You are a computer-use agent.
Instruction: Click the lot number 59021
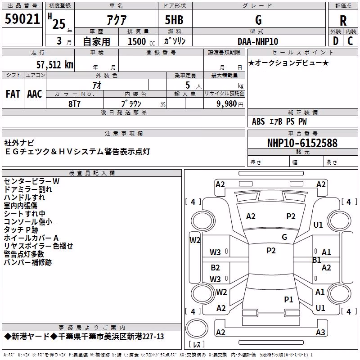point(22,19)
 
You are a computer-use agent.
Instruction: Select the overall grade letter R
point(343,21)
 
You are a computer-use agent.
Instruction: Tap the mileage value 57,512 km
point(55,65)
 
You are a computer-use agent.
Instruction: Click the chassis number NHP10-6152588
point(302,143)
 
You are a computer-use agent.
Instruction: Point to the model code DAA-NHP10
point(258,41)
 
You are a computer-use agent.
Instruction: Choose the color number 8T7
point(74,104)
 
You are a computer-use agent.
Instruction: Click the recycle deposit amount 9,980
point(227,103)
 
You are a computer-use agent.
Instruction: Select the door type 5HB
point(174,20)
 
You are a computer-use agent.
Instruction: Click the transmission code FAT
point(13,94)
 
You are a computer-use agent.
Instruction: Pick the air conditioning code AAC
point(35,94)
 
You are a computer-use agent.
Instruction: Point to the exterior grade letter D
point(336,41)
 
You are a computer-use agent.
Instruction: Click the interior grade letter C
point(350,41)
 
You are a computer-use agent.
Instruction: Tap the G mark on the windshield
point(284,237)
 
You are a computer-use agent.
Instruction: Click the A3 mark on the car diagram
point(320,332)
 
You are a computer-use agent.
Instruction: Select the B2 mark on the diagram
point(215,267)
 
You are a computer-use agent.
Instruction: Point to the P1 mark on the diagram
point(288,299)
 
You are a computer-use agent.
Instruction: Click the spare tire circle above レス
point(197,328)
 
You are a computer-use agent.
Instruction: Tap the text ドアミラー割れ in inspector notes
point(28,189)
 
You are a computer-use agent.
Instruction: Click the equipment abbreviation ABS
point(258,121)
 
